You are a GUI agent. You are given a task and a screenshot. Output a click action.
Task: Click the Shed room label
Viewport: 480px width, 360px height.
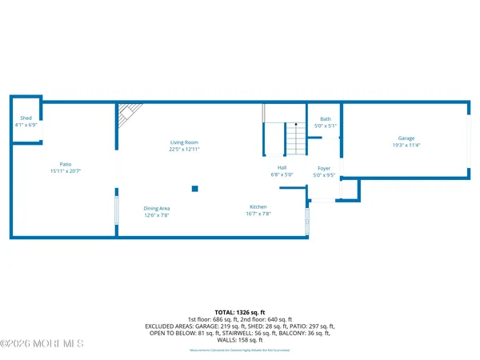click(x=25, y=118)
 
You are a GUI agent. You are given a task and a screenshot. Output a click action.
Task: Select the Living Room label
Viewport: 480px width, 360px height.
click(x=184, y=142)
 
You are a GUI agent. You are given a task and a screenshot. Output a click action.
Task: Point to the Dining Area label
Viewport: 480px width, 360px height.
click(x=156, y=208)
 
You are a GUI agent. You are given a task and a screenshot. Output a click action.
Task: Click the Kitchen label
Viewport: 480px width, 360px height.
click(x=258, y=207)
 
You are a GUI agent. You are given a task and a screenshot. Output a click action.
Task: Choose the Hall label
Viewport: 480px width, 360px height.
click(x=282, y=167)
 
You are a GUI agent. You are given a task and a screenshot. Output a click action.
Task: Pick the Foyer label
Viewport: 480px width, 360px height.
click(x=324, y=168)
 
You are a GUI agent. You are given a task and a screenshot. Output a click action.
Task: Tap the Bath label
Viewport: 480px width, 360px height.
click(x=326, y=118)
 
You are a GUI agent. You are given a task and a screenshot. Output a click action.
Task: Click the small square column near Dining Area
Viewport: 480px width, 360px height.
click(x=194, y=189)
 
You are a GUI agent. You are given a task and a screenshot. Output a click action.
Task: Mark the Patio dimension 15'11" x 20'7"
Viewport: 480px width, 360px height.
click(x=66, y=171)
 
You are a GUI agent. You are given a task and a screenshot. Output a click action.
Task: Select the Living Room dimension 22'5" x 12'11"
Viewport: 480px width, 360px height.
click(x=184, y=150)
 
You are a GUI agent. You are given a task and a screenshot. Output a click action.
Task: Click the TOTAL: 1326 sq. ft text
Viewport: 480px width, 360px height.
click(x=240, y=311)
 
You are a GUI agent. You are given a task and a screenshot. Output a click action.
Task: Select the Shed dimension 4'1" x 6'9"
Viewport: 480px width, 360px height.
click(x=25, y=126)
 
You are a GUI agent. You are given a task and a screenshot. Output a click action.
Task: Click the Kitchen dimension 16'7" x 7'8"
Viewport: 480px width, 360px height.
click(x=258, y=214)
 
